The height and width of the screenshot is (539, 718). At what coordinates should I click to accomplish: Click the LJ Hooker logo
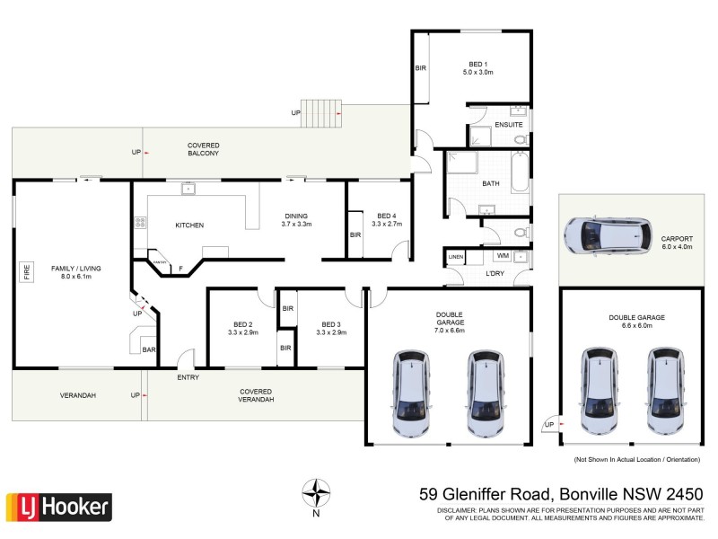pyautogui.click(x=59, y=507)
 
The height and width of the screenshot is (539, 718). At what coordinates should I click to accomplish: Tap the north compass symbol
pyautogui.click(x=315, y=494)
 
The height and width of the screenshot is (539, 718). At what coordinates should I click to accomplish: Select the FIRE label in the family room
pyautogui.click(x=27, y=271)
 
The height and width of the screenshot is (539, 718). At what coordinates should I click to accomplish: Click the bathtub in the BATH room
pyautogui.click(x=520, y=172)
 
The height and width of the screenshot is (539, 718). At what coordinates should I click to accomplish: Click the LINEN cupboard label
pyautogui.click(x=456, y=258)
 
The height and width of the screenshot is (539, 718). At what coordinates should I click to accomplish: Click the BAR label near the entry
pyautogui.click(x=148, y=349)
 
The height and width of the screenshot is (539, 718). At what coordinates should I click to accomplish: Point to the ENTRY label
pyautogui.click(x=188, y=377)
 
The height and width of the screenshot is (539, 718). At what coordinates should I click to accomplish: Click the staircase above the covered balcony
pyautogui.click(x=320, y=113)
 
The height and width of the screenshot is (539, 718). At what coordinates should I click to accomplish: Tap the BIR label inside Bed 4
pyautogui.click(x=355, y=235)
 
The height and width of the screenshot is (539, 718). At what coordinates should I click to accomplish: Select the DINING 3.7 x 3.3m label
pyautogui.click(x=296, y=220)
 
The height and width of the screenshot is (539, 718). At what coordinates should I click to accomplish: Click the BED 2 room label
pyautogui.click(x=243, y=328)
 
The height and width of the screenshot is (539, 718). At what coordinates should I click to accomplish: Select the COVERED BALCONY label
pyautogui.click(x=203, y=149)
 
